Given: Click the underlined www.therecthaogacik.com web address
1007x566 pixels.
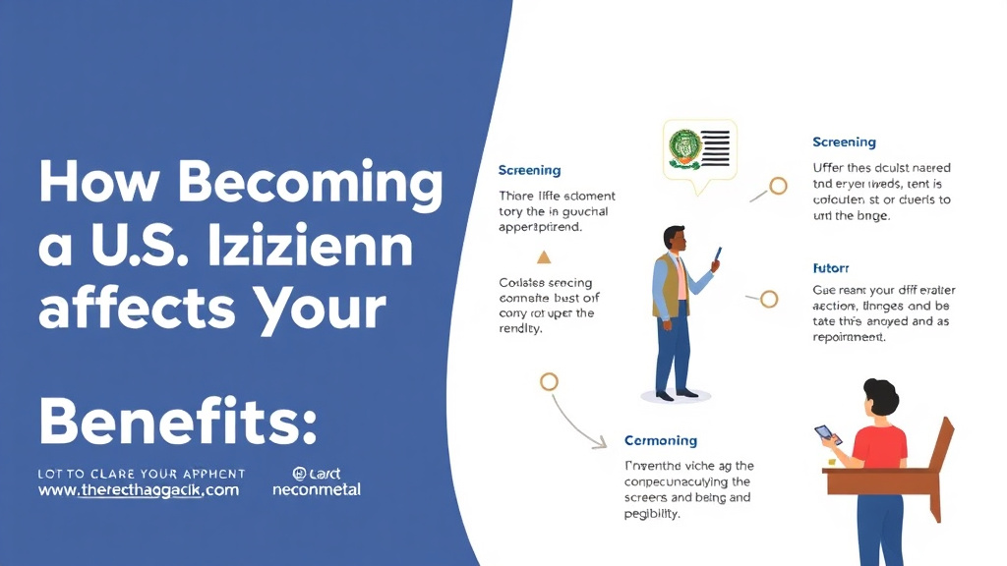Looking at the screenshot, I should [139, 489].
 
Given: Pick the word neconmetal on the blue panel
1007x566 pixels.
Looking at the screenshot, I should [317, 489].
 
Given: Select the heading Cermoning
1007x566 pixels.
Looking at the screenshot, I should [661, 440].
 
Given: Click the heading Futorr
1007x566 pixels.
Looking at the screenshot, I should [831, 267].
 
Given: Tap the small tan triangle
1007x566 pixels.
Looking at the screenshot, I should [542, 258].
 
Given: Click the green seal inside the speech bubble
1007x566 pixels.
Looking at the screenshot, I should [685, 147].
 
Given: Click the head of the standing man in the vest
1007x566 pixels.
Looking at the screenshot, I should [675, 240].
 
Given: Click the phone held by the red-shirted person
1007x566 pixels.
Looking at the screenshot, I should [827, 434].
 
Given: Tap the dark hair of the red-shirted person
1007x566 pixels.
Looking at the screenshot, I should [881, 396].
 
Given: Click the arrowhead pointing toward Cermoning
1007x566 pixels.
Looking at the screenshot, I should [600, 445].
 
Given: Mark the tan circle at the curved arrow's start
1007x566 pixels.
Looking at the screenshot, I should [549, 381].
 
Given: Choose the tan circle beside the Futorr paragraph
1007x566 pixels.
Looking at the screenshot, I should [769, 299].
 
